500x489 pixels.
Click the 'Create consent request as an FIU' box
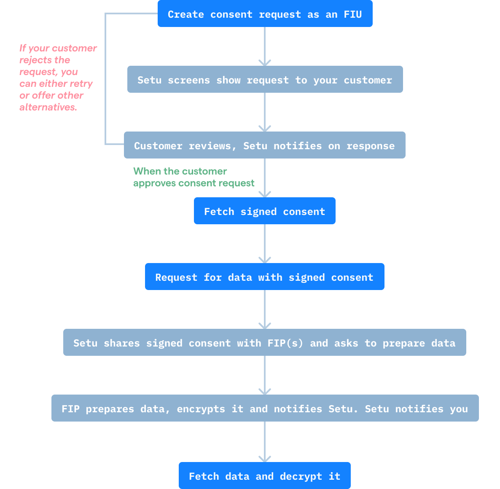265,14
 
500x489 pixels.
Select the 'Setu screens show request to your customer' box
265,80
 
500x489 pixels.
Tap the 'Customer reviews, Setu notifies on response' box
265,145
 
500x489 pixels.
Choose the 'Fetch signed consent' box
265,211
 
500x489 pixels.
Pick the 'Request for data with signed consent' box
265,277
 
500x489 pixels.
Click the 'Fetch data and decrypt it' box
265,476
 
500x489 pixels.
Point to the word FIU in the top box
353,14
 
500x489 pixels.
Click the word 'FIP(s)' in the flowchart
285,343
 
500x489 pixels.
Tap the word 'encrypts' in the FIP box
201,409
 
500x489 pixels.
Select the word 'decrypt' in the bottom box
301,476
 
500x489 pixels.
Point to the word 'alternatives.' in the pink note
48,107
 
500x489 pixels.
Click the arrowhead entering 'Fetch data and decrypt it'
265,459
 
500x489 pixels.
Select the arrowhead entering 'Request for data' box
265,260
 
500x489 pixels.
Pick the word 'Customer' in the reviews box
158,146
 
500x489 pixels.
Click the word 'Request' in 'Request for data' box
176,277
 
